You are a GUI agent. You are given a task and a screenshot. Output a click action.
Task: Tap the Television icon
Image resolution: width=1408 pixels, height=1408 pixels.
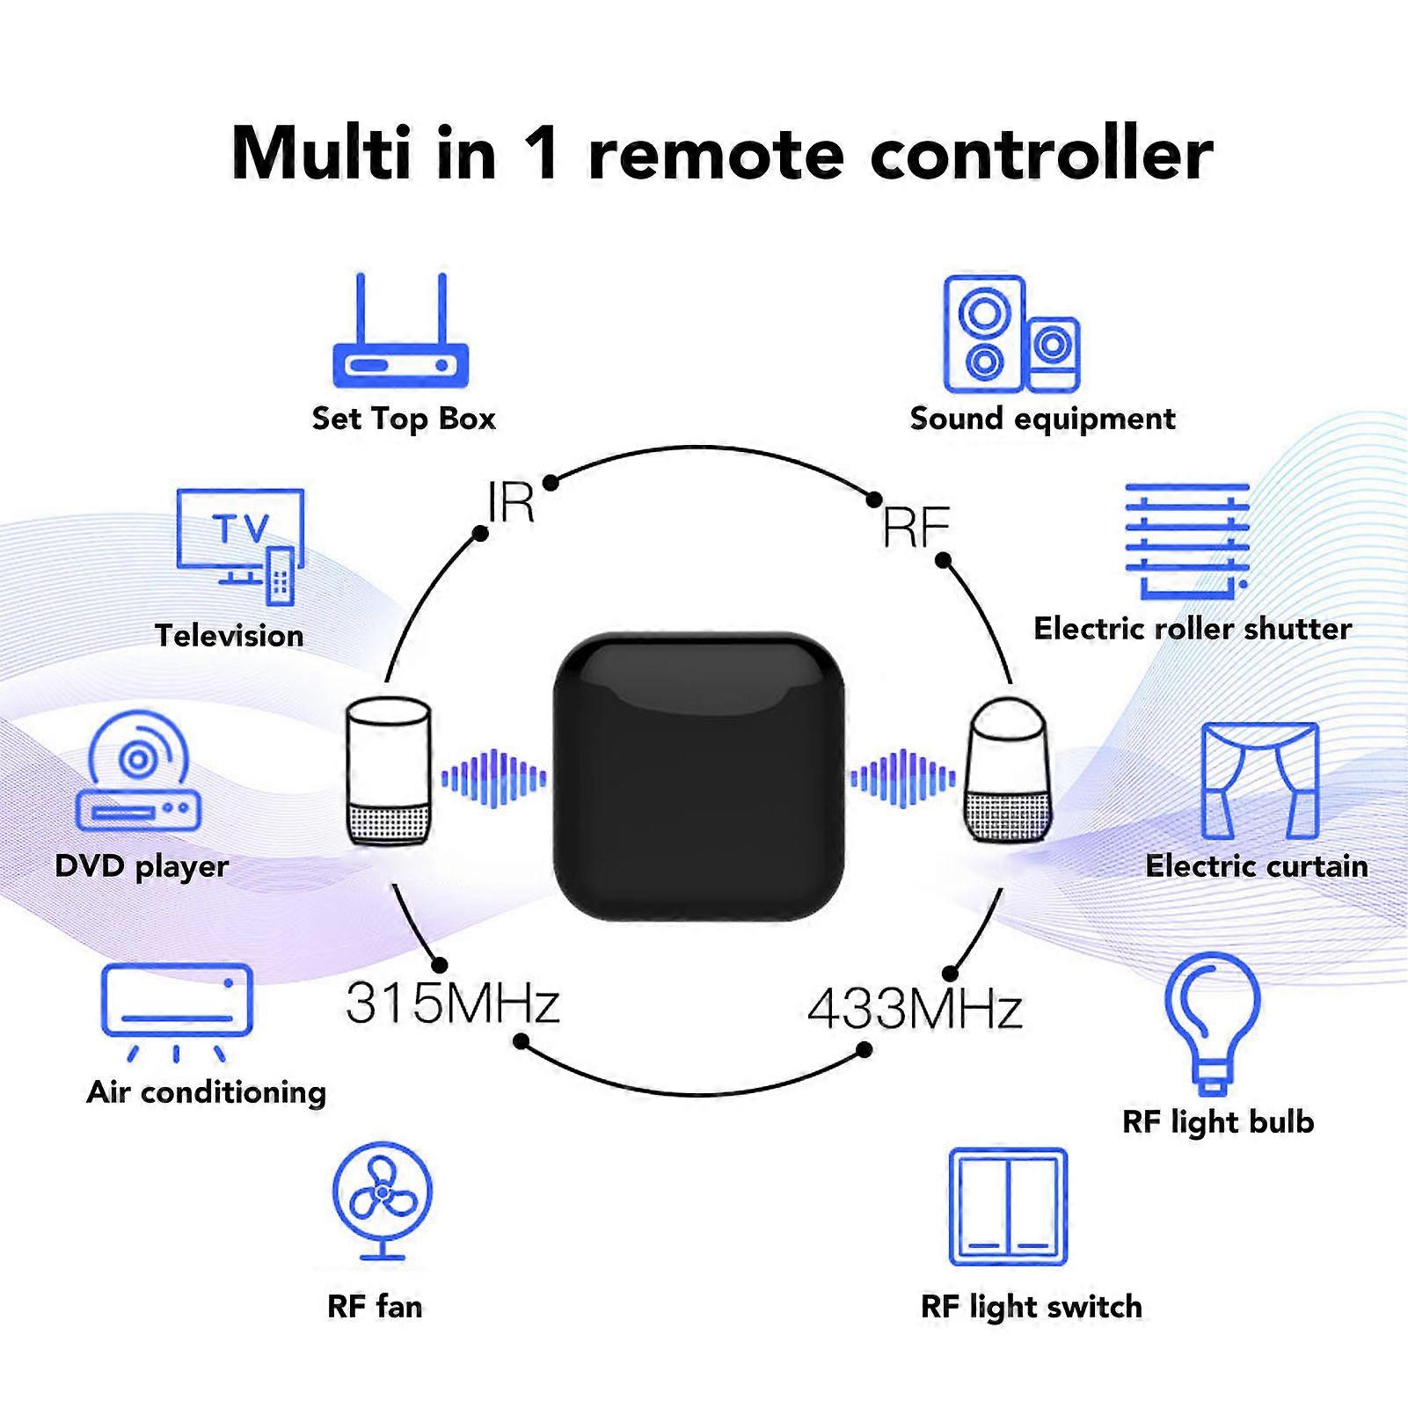pyautogui.click(x=240, y=545)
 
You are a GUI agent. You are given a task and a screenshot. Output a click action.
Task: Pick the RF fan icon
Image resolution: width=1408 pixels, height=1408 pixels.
pyautogui.click(x=382, y=1200)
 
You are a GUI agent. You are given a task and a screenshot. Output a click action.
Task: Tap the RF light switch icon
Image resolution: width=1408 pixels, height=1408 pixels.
pyautogui.click(x=1008, y=1206)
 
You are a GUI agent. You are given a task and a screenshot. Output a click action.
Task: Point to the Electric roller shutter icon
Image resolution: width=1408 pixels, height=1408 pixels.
pyautogui.click(x=1187, y=542)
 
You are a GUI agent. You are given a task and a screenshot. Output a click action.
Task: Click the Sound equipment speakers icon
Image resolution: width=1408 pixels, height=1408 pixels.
pyautogui.click(x=1010, y=334)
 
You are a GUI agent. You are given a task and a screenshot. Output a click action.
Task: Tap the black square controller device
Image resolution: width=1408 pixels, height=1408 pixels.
pyautogui.click(x=698, y=776)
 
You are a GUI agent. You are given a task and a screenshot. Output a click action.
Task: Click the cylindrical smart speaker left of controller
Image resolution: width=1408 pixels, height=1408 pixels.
pyautogui.click(x=388, y=772)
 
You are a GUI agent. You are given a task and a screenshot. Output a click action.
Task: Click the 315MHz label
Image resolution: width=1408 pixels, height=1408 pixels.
pyautogui.click(x=452, y=1003)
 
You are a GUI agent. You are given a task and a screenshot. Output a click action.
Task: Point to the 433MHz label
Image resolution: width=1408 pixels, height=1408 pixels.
pyautogui.click(x=915, y=1009)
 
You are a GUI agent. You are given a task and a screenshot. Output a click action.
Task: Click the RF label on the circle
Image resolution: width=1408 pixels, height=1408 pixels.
pyautogui.click(x=916, y=528)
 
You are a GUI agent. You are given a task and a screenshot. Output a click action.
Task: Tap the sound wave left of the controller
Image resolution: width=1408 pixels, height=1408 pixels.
pyautogui.click(x=493, y=777)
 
